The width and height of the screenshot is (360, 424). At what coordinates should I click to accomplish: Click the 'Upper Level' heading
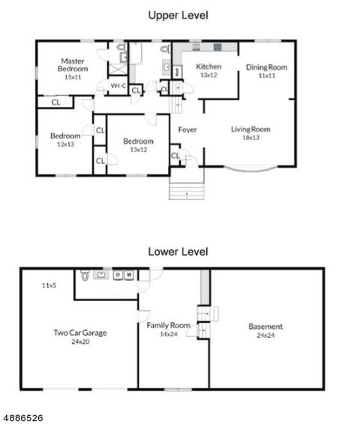point(178,15)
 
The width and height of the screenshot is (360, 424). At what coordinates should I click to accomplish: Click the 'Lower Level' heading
point(178,252)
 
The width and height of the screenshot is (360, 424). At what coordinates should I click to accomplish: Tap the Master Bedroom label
point(73,65)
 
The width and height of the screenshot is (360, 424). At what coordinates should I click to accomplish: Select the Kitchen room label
point(208,67)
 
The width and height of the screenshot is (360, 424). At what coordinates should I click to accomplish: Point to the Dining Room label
point(266,67)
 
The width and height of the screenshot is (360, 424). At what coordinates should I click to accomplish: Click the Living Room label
point(250,130)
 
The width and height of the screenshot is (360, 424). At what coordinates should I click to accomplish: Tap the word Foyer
point(187,130)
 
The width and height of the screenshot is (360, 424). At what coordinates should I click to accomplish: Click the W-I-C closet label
point(118,86)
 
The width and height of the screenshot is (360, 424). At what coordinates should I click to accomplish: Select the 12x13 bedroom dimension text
point(65,144)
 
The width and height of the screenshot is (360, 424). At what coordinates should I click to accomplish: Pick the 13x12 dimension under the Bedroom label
point(138,149)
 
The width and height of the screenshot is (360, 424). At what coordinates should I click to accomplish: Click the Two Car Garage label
point(80,333)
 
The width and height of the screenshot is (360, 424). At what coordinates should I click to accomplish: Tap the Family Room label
point(168,325)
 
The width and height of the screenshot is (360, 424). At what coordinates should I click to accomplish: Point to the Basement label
point(265,327)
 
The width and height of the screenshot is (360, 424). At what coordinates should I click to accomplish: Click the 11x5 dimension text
point(49,285)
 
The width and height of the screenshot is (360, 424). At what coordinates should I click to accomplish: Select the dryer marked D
point(118,275)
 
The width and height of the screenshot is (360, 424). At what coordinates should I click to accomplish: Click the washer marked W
point(129,275)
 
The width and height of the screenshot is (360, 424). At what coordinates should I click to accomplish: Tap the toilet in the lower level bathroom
point(85,275)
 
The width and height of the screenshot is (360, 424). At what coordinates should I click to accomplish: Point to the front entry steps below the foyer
point(187,192)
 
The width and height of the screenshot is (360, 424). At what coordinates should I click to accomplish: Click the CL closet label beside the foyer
point(175,156)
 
